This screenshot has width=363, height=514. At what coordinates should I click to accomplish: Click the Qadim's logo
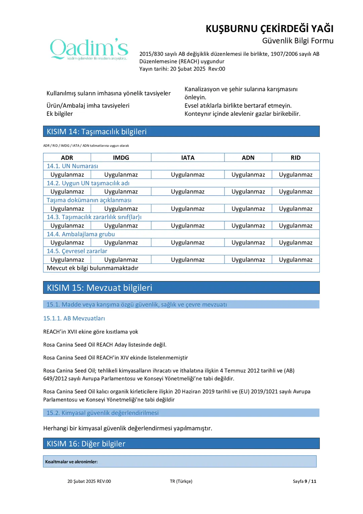[89, 49]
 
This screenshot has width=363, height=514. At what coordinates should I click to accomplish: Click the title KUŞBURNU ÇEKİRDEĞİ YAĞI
[269, 29]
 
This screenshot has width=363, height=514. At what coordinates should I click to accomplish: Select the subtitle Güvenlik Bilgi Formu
[297, 41]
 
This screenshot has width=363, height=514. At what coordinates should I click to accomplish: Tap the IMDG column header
[121, 158]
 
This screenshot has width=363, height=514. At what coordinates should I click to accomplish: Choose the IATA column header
[188, 158]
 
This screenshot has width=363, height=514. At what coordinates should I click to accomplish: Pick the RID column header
[295, 158]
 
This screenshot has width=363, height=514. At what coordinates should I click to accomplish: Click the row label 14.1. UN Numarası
[72, 166]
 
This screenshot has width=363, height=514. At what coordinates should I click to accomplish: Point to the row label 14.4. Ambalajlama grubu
[81, 234]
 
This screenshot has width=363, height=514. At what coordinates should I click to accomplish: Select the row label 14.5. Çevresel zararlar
[77, 251]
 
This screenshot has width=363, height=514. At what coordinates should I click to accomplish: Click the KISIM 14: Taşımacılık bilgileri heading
[97, 132]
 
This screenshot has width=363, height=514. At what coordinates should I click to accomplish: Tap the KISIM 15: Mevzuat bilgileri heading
[99, 288]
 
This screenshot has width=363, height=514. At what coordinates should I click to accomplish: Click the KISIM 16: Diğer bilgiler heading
[86, 444]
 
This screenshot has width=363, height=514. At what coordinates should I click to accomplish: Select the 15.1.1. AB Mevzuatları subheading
[74, 318]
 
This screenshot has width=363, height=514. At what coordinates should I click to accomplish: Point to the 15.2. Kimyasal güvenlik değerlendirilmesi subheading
[103, 413]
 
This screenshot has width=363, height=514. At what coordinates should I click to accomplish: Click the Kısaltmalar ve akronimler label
[72, 462]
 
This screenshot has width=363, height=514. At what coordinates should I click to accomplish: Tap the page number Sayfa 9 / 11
[304, 481]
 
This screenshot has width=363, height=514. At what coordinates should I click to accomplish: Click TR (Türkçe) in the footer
[181, 481]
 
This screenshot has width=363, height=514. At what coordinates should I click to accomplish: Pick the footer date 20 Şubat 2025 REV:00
[89, 481]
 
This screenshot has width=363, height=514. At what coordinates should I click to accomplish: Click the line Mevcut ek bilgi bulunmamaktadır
[92, 268]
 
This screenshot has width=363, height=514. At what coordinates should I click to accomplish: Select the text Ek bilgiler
[59, 114]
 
